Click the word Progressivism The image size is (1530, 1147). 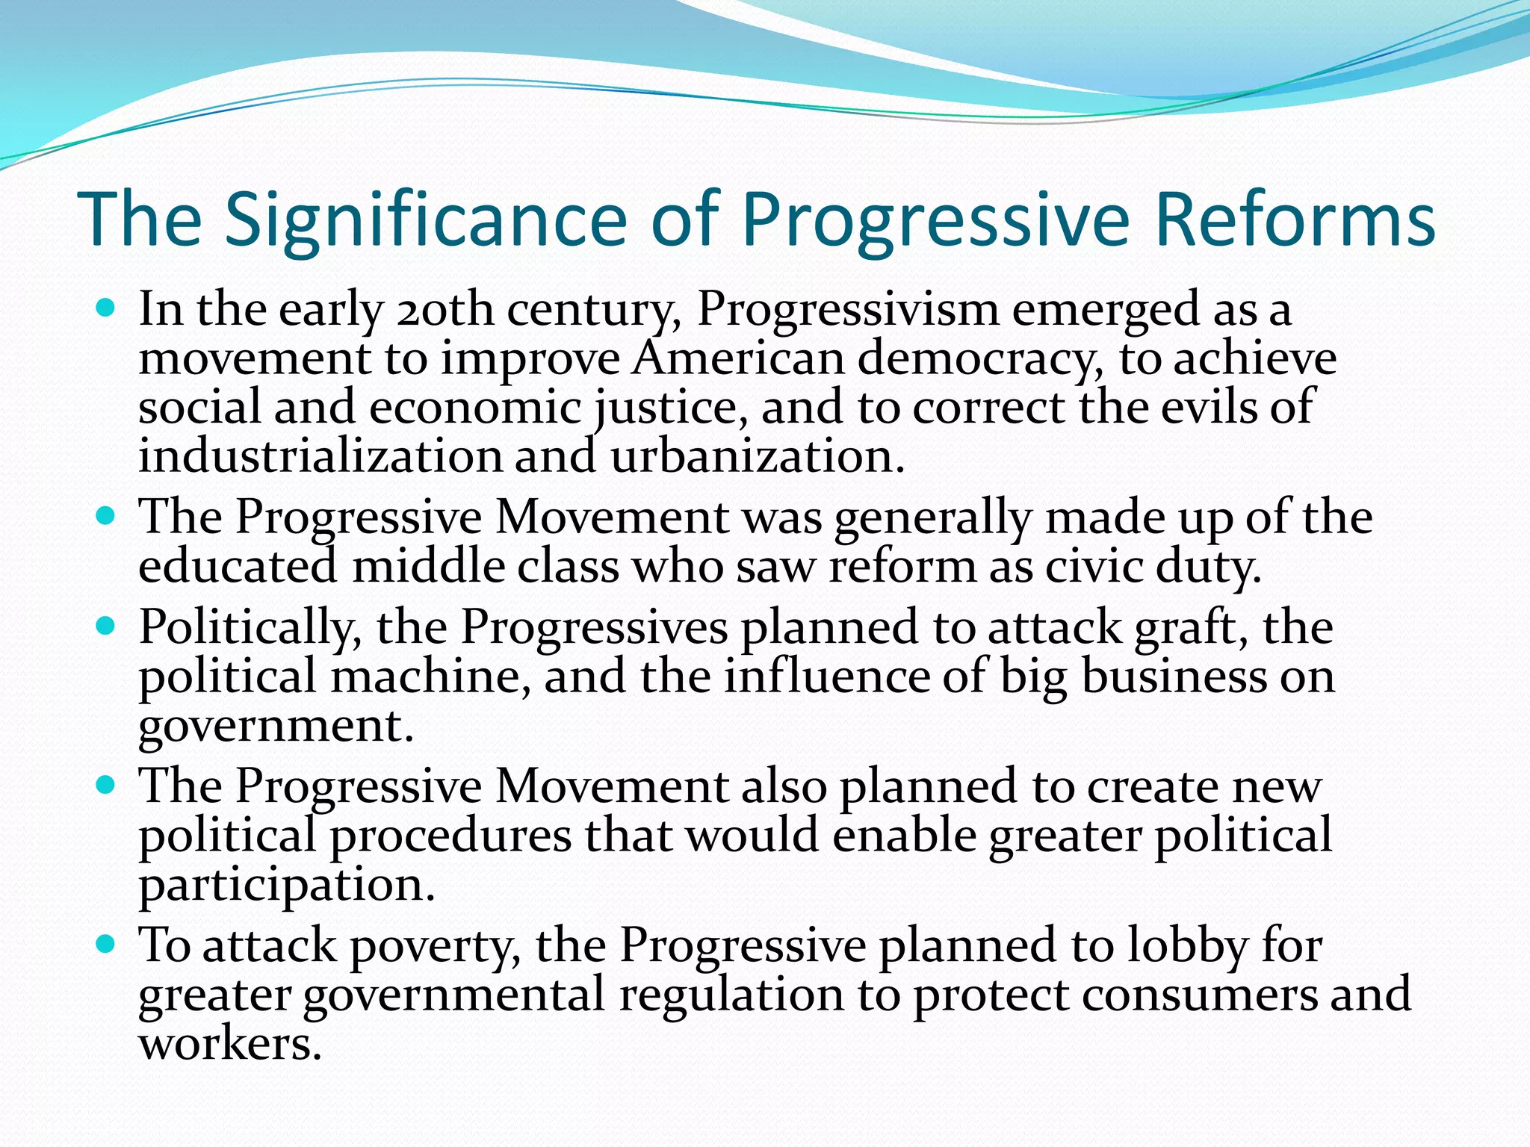pyautogui.click(x=847, y=309)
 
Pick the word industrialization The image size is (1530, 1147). pyautogui.click(x=320, y=456)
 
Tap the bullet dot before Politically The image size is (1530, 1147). pyautogui.click(x=107, y=626)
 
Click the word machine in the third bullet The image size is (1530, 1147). pyautogui.click(x=430, y=677)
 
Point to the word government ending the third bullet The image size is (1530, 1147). pyautogui.click(x=275, y=726)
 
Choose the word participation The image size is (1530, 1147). pyautogui.click(x=286, y=886)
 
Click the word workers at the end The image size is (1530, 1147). pyautogui.click(x=229, y=1044)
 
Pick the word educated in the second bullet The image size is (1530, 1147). pyautogui.click(x=238, y=567)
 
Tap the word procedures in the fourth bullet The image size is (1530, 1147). pyautogui.click(x=450, y=836)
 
